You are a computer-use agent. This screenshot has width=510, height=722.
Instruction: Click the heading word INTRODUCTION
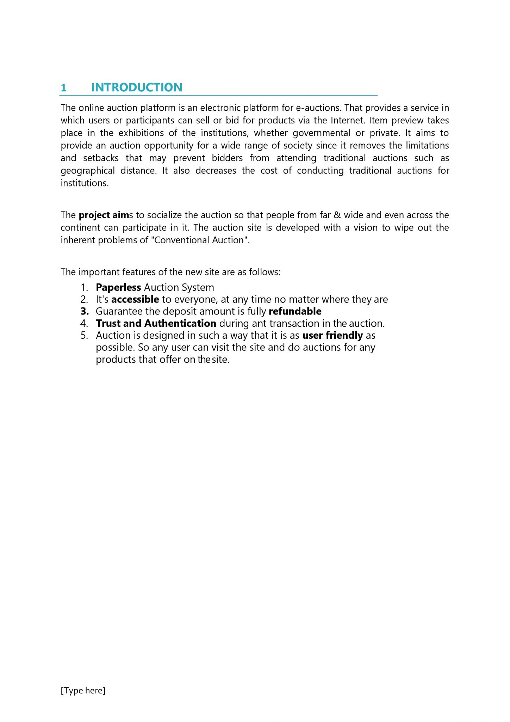coord(137,87)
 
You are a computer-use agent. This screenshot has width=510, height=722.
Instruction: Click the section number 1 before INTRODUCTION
coord(64,88)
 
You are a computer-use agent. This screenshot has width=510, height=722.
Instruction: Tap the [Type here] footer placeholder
coord(83,690)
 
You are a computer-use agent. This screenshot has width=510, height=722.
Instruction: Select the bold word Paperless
coord(118,288)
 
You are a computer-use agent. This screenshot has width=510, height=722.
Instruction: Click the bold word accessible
coord(135,300)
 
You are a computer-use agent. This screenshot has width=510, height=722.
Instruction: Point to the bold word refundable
coord(295,312)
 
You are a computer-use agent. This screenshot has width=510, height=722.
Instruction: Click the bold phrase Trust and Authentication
coord(156,324)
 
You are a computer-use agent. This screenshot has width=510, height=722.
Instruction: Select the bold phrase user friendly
coord(332,336)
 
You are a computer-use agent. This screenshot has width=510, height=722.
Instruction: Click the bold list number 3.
coord(85,312)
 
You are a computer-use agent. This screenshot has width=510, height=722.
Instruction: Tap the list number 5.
coord(84,336)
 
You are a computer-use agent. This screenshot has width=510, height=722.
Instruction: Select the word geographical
coord(88,171)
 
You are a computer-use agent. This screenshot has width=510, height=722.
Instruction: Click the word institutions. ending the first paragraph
coord(85,183)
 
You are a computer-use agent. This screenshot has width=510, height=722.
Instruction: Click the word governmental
coord(322,133)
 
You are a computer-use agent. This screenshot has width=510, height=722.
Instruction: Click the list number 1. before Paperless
coord(84,288)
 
